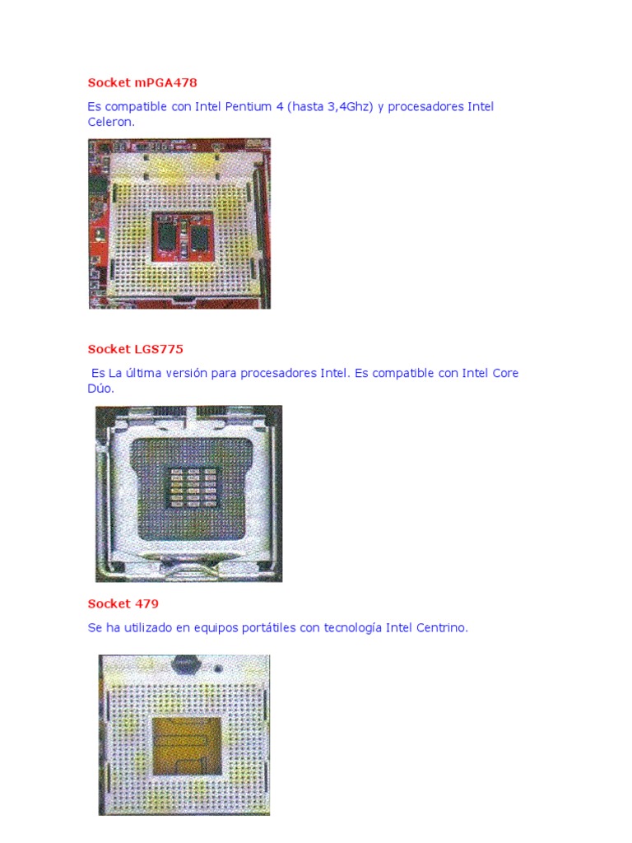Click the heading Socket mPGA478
pos(142,83)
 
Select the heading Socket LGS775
pos(135,349)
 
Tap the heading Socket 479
pos(123,603)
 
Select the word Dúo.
pos(100,389)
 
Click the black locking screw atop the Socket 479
pos(187,664)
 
